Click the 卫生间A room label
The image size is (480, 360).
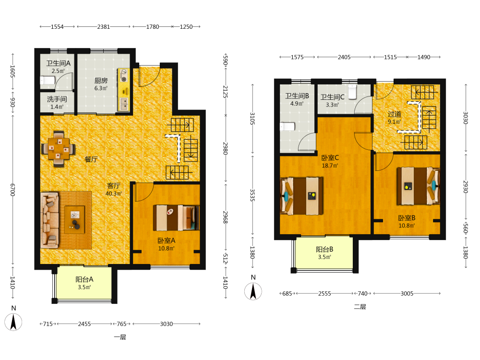(58, 63)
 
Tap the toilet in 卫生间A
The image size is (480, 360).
(48, 80)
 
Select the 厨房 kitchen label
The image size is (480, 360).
(101, 81)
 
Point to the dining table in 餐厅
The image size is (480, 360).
(59, 149)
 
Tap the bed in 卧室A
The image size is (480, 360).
(176, 217)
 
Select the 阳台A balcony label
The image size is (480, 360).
(84, 279)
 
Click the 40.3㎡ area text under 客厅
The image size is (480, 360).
(114, 194)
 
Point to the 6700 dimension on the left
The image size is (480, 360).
(12, 190)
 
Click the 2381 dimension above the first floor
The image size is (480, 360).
(104, 26)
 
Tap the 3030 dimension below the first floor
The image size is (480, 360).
(166, 324)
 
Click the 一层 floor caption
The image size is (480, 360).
(120, 337)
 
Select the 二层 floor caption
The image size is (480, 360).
(360, 307)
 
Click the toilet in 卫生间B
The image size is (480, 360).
(287, 127)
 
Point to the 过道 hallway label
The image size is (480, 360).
(394, 114)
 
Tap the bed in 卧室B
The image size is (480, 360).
(418, 186)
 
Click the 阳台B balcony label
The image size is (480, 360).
(324, 250)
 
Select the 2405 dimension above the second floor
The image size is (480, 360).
(344, 57)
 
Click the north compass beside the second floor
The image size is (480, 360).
(253, 291)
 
